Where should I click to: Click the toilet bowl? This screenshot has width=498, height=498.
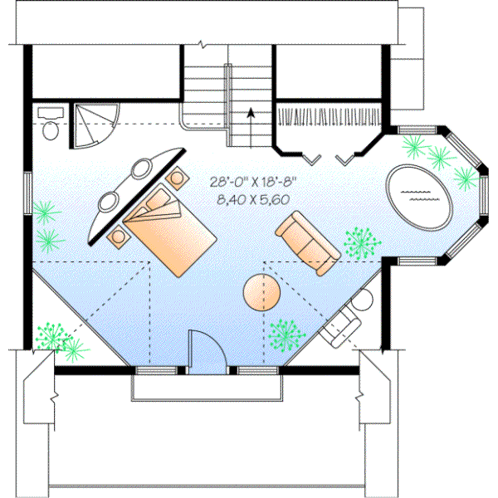(50, 129)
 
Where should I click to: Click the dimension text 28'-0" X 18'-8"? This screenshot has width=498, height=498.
(256, 181)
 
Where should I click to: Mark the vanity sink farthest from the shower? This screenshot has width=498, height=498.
(110, 201)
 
